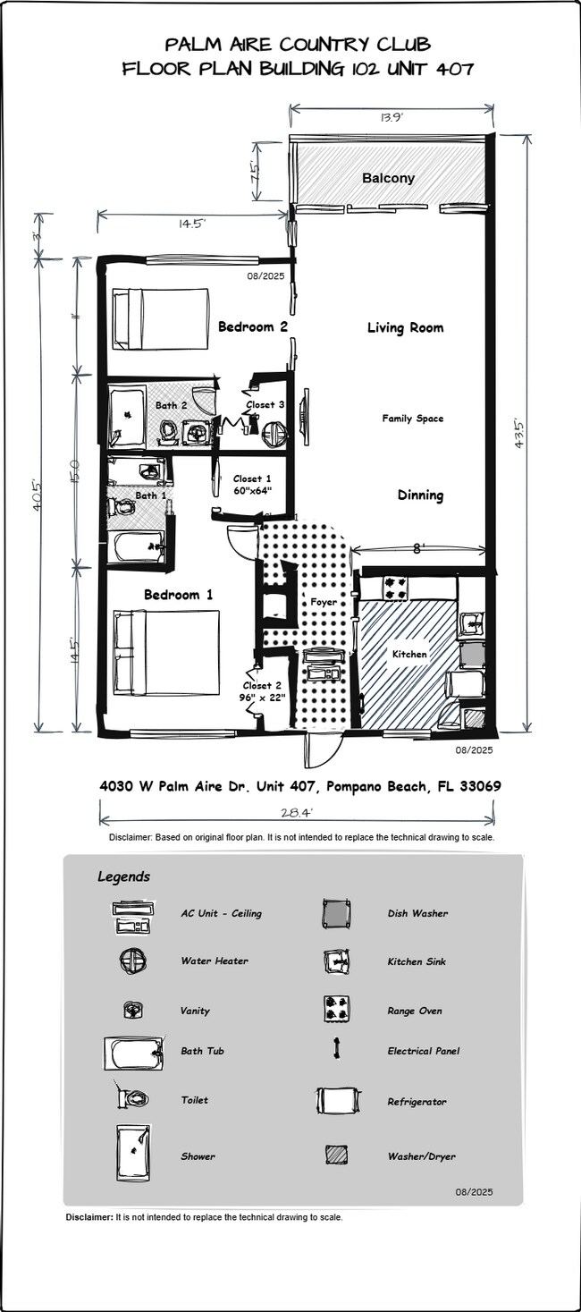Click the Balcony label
pyautogui.click(x=388, y=178)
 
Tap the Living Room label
pyautogui.click(x=405, y=328)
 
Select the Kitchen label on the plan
pyautogui.click(x=410, y=654)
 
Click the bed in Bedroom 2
pyautogui.click(x=160, y=318)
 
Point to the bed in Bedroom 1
pyautogui.click(x=166, y=653)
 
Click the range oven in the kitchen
pyautogui.click(x=395, y=588)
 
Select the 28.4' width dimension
pyautogui.click(x=296, y=812)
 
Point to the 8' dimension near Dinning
pyautogui.click(x=417, y=550)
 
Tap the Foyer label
pyautogui.click(x=324, y=602)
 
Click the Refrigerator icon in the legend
pyautogui.click(x=338, y=1101)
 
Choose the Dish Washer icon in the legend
pyautogui.click(x=337, y=913)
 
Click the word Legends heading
pyautogui.click(x=123, y=876)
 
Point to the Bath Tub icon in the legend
pyautogui.click(x=134, y=1052)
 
